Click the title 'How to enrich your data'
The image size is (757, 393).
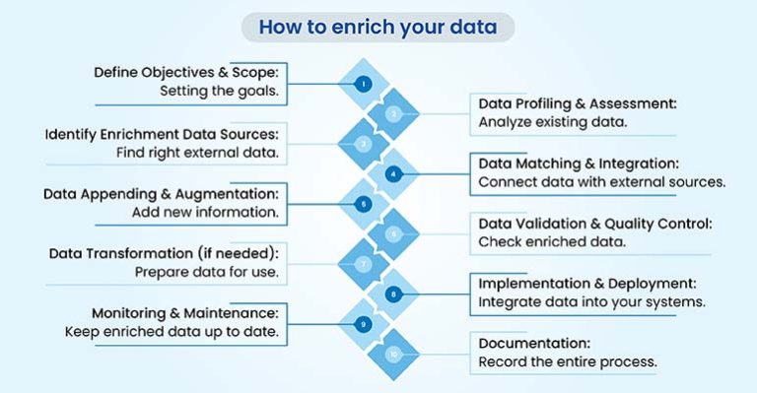tap(378, 28)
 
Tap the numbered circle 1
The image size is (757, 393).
tap(364, 84)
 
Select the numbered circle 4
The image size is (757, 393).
tap(393, 174)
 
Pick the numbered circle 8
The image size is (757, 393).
tap(393, 294)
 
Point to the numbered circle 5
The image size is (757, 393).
tap(364, 204)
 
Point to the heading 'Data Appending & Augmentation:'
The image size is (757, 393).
tap(162, 194)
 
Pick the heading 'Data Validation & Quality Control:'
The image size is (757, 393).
tap(594, 224)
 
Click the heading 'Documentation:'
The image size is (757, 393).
tap(520, 343)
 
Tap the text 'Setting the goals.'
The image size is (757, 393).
tap(220, 92)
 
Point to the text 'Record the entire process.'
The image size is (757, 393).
tap(567, 361)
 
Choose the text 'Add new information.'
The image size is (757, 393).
tap(205, 212)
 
